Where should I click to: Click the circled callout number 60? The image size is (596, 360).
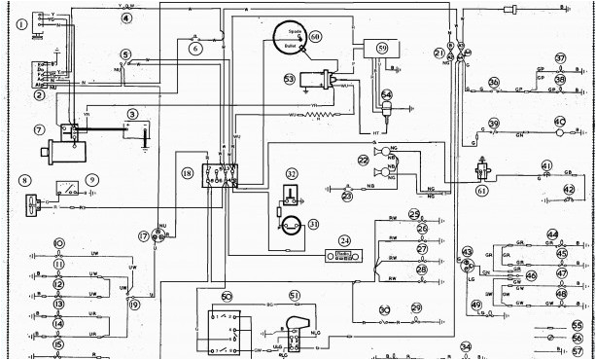click(315, 36)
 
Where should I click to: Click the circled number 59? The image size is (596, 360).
click(381, 47)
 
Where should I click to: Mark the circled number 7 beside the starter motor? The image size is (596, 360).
click(40, 129)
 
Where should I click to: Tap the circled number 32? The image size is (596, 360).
click(292, 174)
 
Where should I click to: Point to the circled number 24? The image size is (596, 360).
click(343, 240)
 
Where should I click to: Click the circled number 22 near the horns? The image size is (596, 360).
click(363, 160)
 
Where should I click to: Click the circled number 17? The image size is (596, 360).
click(144, 236)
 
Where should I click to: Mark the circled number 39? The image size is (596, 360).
click(494, 124)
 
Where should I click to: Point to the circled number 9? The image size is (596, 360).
click(92, 179)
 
